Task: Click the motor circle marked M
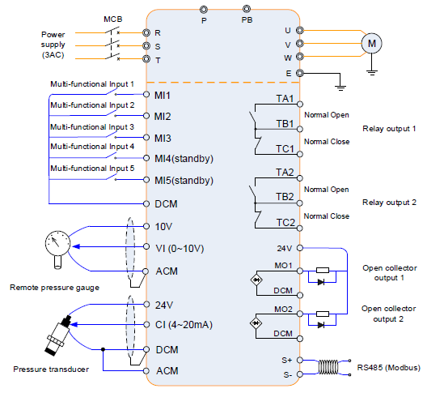pyautogui.click(x=371, y=44)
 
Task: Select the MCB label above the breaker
pyautogui.click(x=113, y=19)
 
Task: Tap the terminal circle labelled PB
pyautogui.click(x=247, y=9)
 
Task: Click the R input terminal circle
pyautogui.click(x=146, y=32)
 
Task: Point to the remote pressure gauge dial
pyautogui.click(x=57, y=243)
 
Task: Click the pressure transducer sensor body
pyautogui.click(x=58, y=335)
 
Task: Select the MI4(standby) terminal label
pyautogui.click(x=184, y=158)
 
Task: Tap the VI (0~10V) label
pyautogui.click(x=180, y=248)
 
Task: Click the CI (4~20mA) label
pyautogui.click(x=184, y=325)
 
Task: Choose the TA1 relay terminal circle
pyautogui.click(x=300, y=105)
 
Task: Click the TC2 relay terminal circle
pyautogui.click(x=300, y=229)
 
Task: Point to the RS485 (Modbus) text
pyautogui.click(x=388, y=368)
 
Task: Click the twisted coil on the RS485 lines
pyautogui.click(x=328, y=367)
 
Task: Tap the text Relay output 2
pyautogui.click(x=389, y=203)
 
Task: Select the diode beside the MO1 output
pyautogui.click(x=321, y=282)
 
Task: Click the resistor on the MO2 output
pyautogui.click(x=323, y=314)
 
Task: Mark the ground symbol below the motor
pyautogui.click(x=372, y=72)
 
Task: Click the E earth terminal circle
pyautogui.click(x=299, y=73)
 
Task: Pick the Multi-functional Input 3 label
pyautogui.click(x=92, y=127)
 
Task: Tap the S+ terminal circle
pyautogui.click(x=299, y=361)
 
